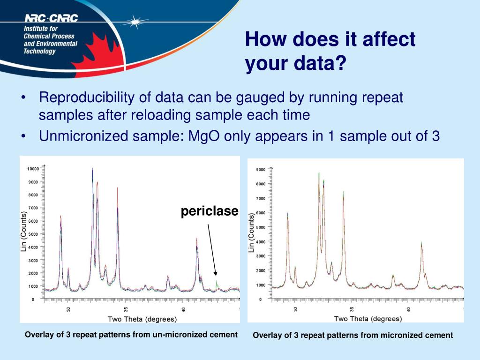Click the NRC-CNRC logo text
[51, 18]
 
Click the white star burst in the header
[136, 21]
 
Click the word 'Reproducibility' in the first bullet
[87, 98]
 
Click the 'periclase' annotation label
[210, 211]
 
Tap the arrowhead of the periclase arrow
[216, 274]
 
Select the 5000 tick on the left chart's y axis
[34, 234]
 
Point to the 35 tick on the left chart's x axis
[126, 309]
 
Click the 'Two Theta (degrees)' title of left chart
[142, 320]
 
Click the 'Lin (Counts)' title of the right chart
[252, 232]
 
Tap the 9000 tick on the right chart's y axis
[261, 169]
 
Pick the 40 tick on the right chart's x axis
[409, 309]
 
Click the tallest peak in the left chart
[92, 169]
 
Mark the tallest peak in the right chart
[319, 173]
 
